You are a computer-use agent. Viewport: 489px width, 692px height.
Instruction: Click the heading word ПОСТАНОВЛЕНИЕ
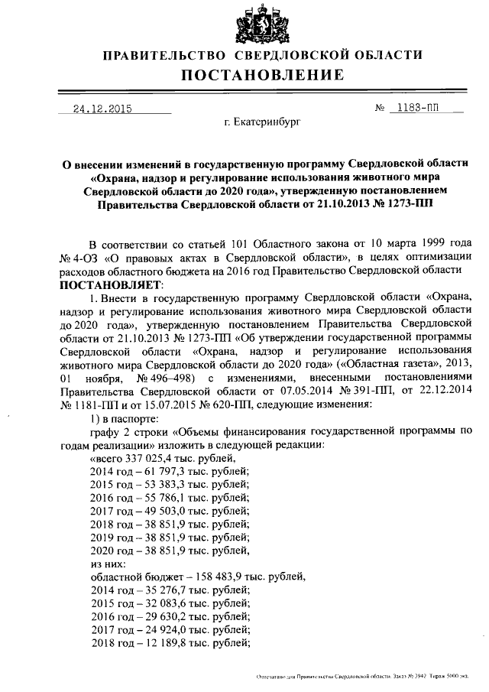pos(263,75)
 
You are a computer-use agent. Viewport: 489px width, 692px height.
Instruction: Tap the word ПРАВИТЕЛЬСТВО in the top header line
pos(164,55)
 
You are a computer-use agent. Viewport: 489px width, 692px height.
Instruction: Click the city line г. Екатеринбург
pos(263,122)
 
